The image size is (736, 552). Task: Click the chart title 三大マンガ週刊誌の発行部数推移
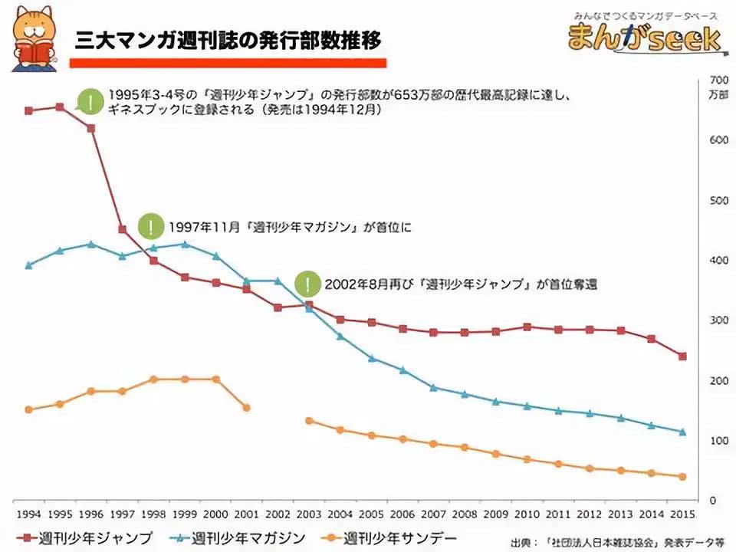click(x=228, y=41)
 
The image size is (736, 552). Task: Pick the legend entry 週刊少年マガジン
click(x=238, y=537)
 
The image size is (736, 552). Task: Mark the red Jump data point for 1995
click(x=60, y=107)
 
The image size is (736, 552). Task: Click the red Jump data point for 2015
click(x=682, y=356)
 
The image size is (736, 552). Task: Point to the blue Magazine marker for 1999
click(x=184, y=245)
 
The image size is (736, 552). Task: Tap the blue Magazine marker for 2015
click(x=682, y=432)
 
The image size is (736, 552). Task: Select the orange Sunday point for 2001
click(x=246, y=408)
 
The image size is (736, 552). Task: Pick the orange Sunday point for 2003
click(x=309, y=421)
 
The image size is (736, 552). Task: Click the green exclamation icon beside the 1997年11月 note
click(x=152, y=227)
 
